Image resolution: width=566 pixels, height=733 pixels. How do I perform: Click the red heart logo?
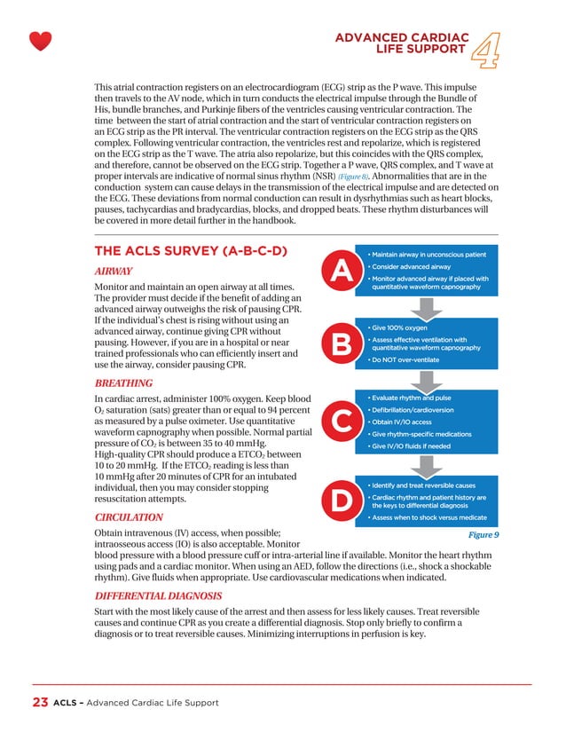(x=40, y=41)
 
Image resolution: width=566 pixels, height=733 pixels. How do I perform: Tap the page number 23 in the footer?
(x=39, y=703)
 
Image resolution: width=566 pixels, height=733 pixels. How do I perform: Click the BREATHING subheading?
(x=123, y=382)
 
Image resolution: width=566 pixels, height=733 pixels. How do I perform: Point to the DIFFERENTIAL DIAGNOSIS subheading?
(x=158, y=595)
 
